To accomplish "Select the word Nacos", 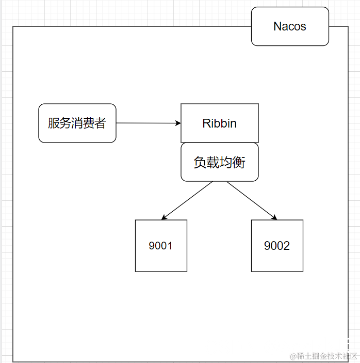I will pyautogui.click(x=290, y=26).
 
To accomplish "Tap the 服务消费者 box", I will pyautogui.click(x=77, y=123).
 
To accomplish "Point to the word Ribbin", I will pyautogui.click(x=219, y=123).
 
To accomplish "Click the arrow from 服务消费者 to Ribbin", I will pyautogui.click(x=147, y=123).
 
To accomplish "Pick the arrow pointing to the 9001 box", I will pyautogui.click(x=187, y=200).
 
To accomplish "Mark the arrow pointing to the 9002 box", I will pyautogui.click(x=252, y=200).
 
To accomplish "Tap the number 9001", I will pyautogui.click(x=161, y=246).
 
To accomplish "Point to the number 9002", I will pyautogui.click(x=277, y=246).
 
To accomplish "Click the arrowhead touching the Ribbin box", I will pyautogui.click(x=178, y=123).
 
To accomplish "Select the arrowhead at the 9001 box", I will pyautogui.click(x=163, y=217).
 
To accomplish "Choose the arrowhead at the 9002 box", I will pyautogui.click(x=274, y=217).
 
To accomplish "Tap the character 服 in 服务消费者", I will pyautogui.click(x=53, y=123).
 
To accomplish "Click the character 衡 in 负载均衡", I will pyautogui.click(x=239, y=163).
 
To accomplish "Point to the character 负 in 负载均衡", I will pyautogui.click(x=200, y=163).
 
